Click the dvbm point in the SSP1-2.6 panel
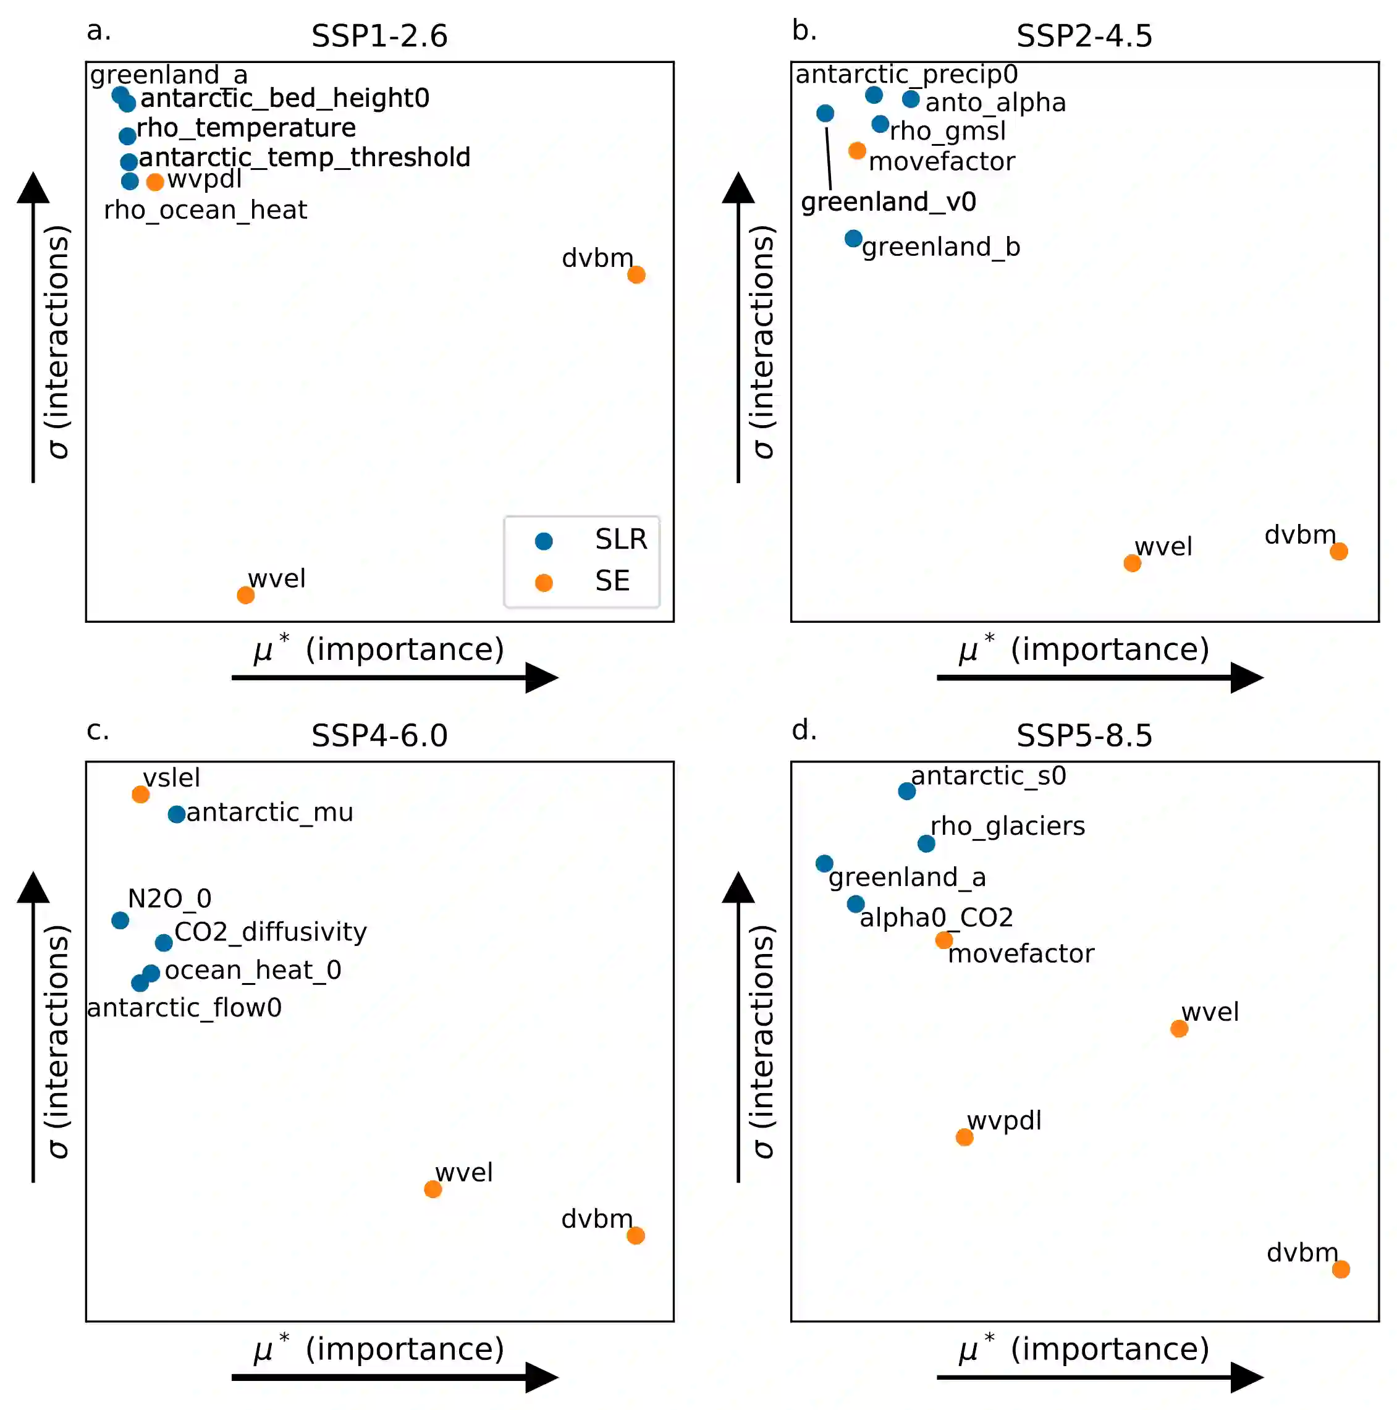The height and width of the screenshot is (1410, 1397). click(x=636, y=274)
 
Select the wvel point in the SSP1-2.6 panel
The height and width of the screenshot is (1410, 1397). click(x=246, y=595)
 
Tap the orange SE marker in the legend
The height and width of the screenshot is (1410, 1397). click(x=544, y=583)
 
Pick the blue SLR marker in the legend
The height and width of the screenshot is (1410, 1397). click(x=544, y=541)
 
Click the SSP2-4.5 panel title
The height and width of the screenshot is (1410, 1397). click(x=1084, y=36)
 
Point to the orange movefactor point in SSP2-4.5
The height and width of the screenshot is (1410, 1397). click(x=857, y=150)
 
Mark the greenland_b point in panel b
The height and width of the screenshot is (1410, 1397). click(x=853, y=238)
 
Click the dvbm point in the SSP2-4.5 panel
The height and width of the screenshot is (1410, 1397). click(x=1338, y=551)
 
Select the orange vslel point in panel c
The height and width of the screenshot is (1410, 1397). click(x=141, y=794)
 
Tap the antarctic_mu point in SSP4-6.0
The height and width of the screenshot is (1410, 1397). click(x=177, y=814)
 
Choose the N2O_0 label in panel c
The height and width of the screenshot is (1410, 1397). click(x=169, y=898)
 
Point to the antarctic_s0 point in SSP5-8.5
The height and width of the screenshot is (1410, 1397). click(x=906, y=791)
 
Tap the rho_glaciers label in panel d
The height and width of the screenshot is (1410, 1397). click(x=1007, y=825)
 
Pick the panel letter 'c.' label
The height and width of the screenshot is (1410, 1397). click(x=98, y=730)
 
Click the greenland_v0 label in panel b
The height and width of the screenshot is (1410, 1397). click(x=888, y=201)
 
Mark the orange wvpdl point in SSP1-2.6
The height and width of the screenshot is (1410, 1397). click(x=154, y=182)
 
